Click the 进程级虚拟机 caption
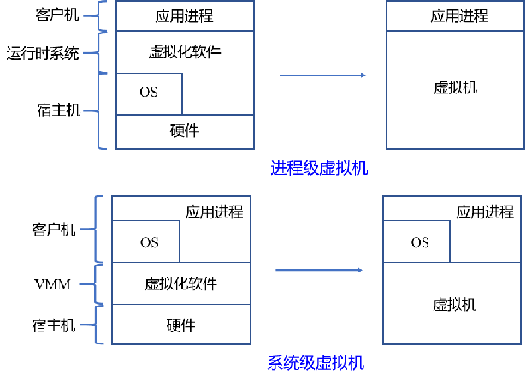tap(318, 168)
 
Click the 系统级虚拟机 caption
tap(315, 363)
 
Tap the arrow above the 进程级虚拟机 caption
tap(322, 75)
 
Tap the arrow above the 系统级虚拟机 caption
tap(318, 270)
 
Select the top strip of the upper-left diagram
tap(185, 15)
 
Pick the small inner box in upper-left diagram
tap(149, 93)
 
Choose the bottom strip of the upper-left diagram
tap(185, 132)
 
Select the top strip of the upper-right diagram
tap(455, 15)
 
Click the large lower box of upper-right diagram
tap(455, 90)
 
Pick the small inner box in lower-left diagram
tap(145, 242)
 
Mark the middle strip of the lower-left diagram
tap(181, 283)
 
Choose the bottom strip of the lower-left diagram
tap(181, 324)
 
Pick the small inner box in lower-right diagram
tap(417, 242)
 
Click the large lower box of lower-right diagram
tap(452, 303)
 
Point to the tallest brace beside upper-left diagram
tap(100, 110)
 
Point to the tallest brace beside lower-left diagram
tap(97, 229)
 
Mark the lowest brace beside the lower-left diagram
tap(97, 325)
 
